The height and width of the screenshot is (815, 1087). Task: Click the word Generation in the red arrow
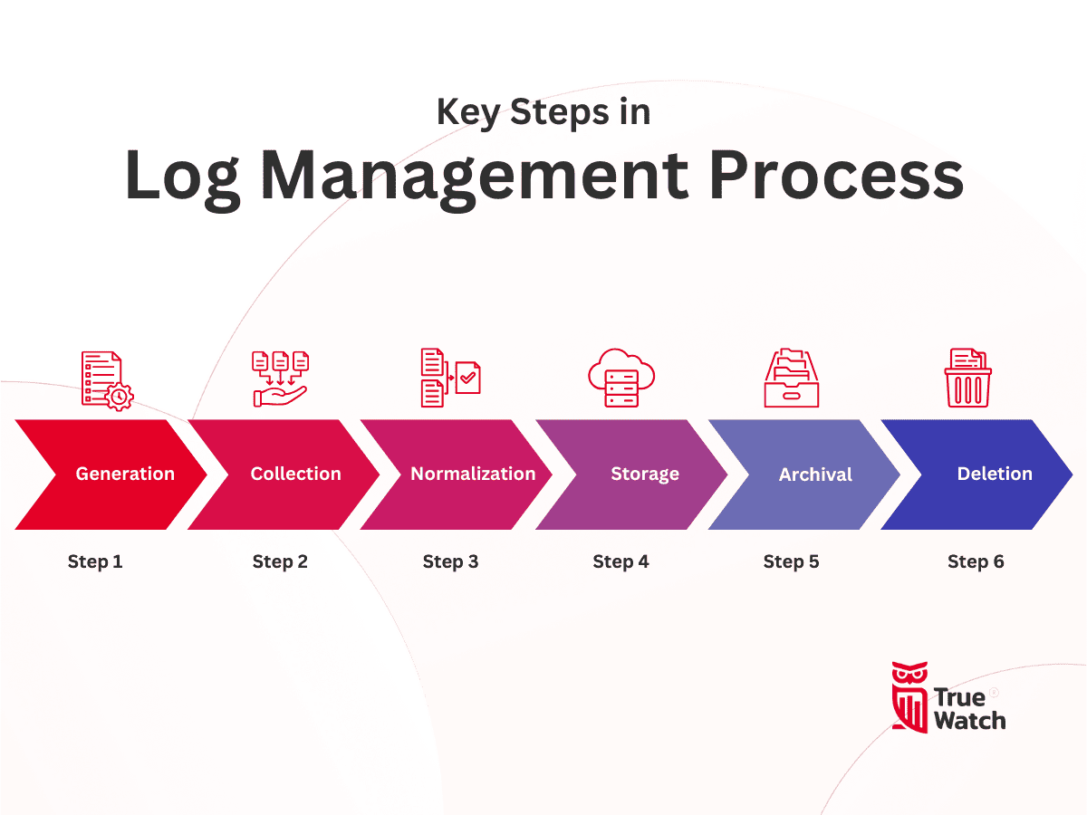(125, 474)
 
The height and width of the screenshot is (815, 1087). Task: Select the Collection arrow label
(296, 474)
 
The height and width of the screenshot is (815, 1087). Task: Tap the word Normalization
(473, 474)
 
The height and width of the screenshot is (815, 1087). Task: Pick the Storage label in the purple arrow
(645, 474)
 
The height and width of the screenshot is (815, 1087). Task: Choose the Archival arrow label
(815, 475)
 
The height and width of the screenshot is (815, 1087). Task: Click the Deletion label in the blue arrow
(995, 474)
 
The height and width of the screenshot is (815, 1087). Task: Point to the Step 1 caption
(95, 561)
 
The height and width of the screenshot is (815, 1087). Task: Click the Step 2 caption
(280, 561)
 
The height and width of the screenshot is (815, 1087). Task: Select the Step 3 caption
(450, 561)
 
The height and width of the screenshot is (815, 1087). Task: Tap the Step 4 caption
(620, 561)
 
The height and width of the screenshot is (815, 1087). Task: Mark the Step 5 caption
(791, 561)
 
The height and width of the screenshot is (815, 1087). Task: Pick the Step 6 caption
(976, 561)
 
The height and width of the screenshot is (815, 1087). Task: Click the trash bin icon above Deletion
(967, 379)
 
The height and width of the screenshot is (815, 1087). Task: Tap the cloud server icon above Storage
(620, 379)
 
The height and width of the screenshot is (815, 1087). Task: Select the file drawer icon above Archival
(791, 379)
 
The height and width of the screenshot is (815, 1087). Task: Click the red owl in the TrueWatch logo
(909, 695)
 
